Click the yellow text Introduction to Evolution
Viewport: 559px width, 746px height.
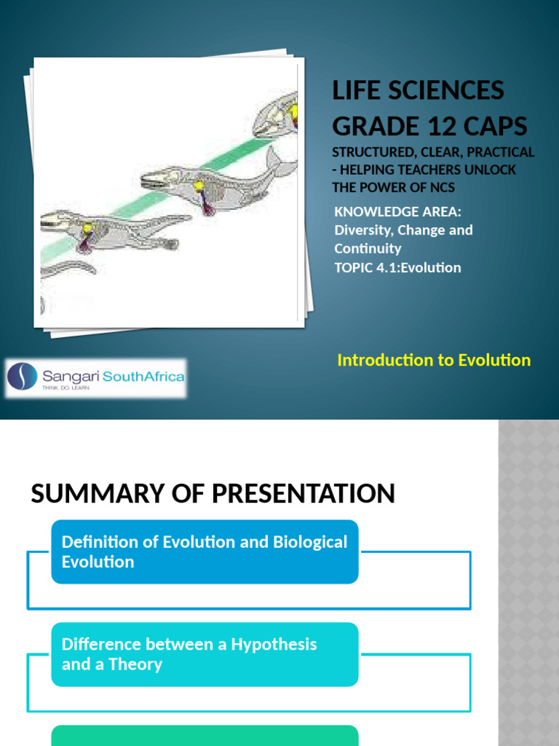point(434,360)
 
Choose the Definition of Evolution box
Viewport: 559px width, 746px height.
point(205,551)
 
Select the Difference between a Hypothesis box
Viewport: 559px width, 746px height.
point(205,654)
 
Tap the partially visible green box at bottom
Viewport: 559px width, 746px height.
point(205,736)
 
